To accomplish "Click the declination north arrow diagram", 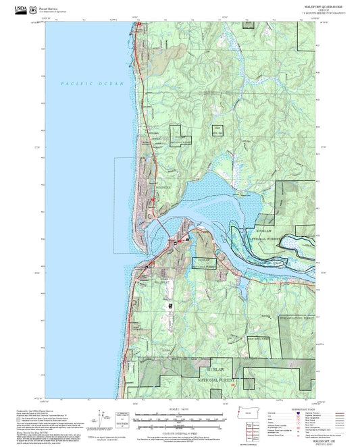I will pos(103,415).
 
